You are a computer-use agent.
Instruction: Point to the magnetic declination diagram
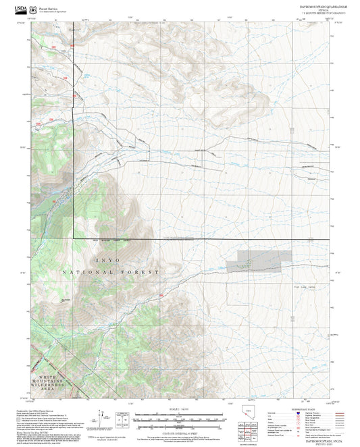coord(101,417)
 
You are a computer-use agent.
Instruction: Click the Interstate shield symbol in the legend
coord(298,412)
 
